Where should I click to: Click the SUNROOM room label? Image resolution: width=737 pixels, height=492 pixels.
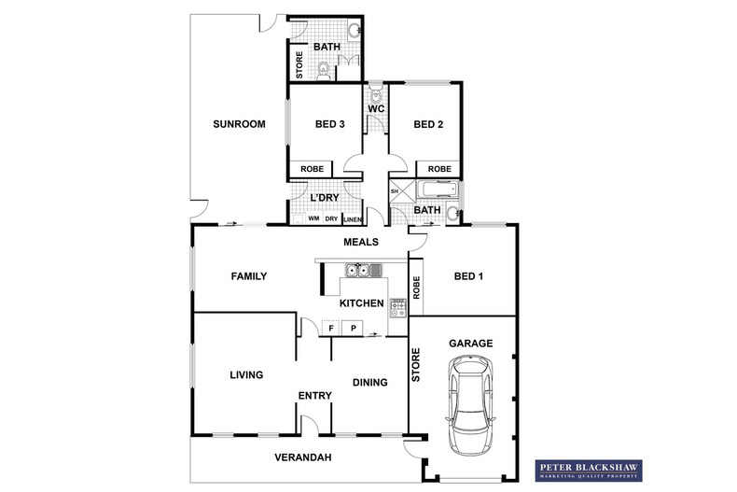pyautogui.click(x=239, y=124)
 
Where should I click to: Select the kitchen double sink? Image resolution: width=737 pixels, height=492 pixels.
pyautogui.click(x=363, y=271)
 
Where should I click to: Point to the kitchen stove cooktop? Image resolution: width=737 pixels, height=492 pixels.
pyautogui.click(x=397, y=307)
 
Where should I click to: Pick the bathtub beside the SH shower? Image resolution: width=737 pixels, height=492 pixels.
pyautogui.click(x=436, y=191)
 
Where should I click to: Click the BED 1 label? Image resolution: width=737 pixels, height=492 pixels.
pyautogui.click(x=469, y=276)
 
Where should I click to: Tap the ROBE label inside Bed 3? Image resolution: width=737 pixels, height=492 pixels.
pyautogui.click(x=313, y=169)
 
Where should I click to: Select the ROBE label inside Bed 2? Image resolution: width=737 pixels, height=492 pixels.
pyautogui.click(x=439, y=169)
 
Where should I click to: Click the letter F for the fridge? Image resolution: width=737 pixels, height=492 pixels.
pyautogui.click(x=331, y=328)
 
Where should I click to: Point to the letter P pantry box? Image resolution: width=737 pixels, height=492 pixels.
pyautogui.click(x=353, y=328)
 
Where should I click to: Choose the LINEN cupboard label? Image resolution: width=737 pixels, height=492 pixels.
pyautogui.click(x=352, y=219)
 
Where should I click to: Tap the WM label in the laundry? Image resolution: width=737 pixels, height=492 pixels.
pyautogui.click(x=313, y=219)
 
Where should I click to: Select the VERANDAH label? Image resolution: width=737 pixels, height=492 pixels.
pyautogui.click(x=303, y=457)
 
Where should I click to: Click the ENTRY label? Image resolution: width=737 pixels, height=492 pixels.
pyautogui.click(x=315, y=396)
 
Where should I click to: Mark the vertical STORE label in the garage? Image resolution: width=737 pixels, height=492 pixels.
pyautogui.click(x=417, y=364)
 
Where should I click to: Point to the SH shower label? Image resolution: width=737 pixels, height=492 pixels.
pyautogui.click(x=395, y=191)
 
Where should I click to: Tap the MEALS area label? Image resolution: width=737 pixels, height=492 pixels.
pyautogui.click(x=361, y=242)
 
